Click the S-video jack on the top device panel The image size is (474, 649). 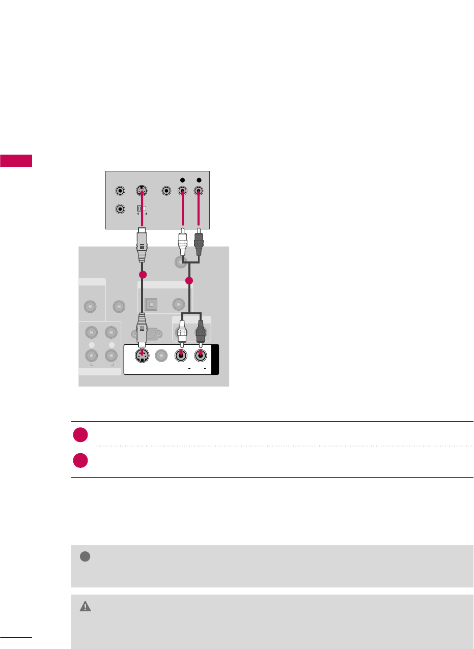point(142,192)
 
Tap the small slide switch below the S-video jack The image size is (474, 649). point(142,209)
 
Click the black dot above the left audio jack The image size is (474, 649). point(183,180)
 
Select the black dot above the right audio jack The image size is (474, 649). point(199,180)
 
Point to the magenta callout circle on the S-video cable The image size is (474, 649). point(143,275)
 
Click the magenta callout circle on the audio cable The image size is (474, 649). point(189,281)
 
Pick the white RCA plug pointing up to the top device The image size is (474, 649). point(183,246)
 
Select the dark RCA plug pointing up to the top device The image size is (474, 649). point(199,246)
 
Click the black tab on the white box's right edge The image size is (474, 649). point(214,360)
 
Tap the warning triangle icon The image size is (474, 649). point(86,606)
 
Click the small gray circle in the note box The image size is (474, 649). point(85,557)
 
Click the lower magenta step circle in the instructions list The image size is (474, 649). point(79,460)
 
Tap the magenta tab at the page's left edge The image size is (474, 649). point(16,160)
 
